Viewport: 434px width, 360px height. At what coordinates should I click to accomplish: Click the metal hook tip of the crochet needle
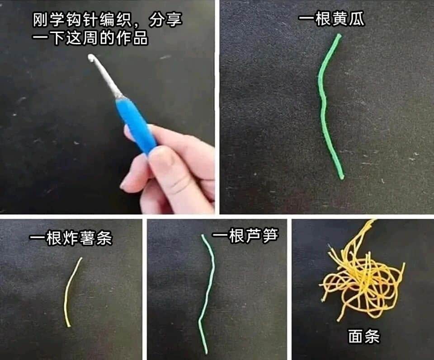point(91,57)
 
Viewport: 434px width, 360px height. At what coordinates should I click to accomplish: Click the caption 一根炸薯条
point(71,238)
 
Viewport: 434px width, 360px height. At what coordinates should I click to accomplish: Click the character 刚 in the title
point(41,19)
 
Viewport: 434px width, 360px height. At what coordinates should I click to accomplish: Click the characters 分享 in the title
point(165,19)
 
